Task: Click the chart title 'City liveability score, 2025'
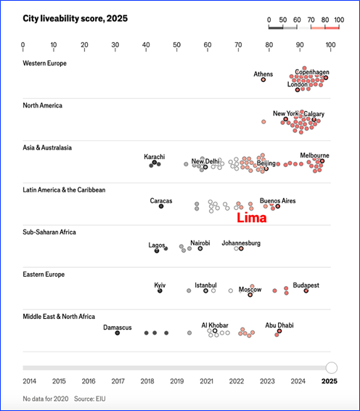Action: pos(75,19)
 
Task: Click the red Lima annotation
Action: pos(252,218)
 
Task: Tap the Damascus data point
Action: pos(118,333)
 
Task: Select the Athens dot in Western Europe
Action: pos(263,80)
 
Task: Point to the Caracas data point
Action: pos(161,206)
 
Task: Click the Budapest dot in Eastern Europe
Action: pos(306,290)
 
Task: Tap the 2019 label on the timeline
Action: pos(177,381)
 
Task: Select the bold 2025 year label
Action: pos(330,381)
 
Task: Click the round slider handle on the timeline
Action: pos(332,367)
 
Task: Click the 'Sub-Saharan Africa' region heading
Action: pos(49,232)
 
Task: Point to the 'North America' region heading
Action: pos(42,105)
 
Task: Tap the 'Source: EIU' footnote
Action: pos(89,399)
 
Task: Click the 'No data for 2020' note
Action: pos(46,399)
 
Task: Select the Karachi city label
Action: pos(155,157)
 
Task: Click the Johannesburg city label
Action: pos(241,243)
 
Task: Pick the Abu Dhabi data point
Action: pos(279,331)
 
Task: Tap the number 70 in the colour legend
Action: pos(311,20)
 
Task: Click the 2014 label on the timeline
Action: pos(29,381)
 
